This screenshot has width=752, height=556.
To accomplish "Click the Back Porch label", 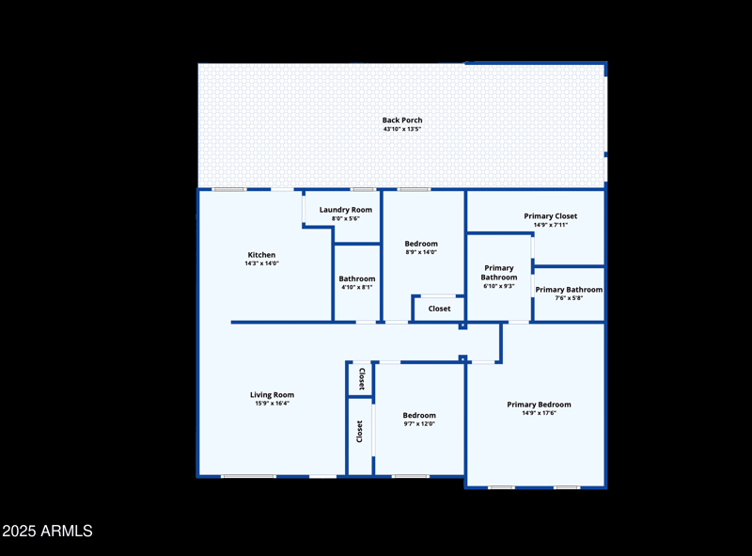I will [402, 120].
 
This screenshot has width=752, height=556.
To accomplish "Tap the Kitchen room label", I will [261, 255].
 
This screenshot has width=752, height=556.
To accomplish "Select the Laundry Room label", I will [346, 210].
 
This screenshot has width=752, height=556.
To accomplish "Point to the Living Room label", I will [272, 395].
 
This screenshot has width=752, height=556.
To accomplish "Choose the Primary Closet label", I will [551, 216].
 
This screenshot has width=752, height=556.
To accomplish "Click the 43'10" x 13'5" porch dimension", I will [402, 129].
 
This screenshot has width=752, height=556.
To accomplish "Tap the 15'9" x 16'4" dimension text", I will [272, 404].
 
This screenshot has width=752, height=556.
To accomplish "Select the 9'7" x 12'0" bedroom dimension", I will [419, 424].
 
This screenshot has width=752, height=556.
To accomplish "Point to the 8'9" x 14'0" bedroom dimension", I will [421, 252].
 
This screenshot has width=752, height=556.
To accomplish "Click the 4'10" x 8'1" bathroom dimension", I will [357, 287].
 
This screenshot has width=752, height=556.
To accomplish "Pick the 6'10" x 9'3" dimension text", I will [498, 286].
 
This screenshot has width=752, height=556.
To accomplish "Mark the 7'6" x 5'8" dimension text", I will [569, 298].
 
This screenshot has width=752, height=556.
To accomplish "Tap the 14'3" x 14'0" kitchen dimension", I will [261, 263].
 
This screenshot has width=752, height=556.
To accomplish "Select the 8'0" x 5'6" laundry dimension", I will [346, 218].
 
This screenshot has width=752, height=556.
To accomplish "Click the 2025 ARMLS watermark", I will [47, 532].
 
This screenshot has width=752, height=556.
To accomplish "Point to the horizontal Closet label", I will [440, 309].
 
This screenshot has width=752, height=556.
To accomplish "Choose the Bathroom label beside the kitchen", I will [357, 278].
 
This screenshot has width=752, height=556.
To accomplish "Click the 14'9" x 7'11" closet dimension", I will [551, 225].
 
